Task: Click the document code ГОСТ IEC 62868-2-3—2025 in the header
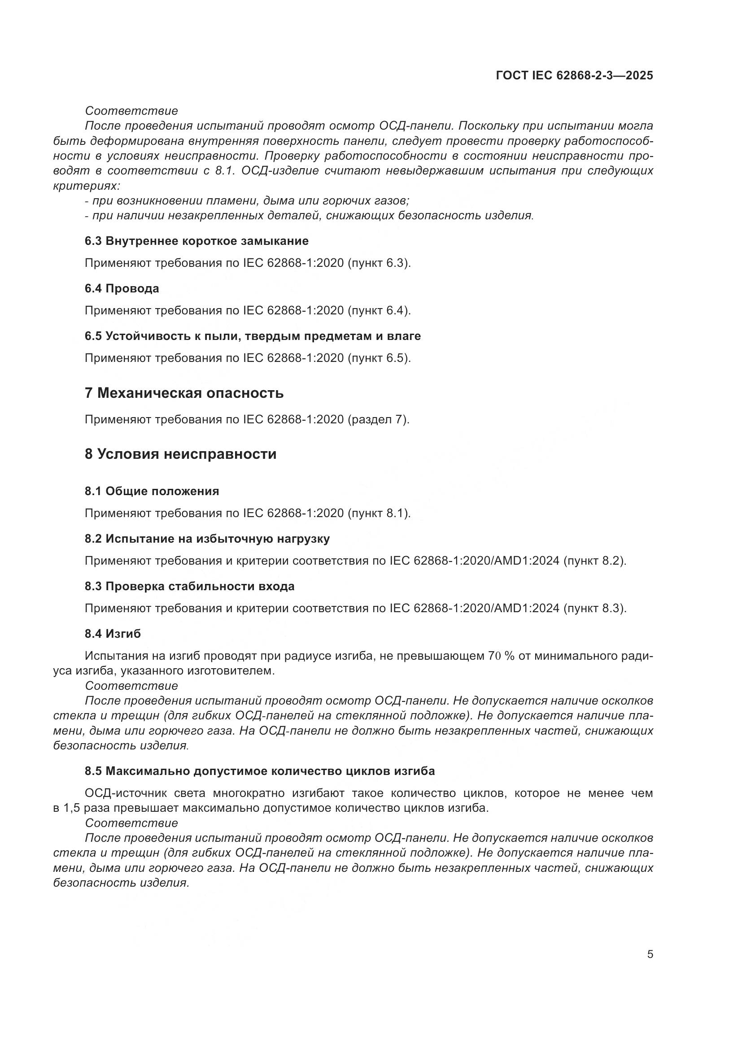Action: click(574, 75)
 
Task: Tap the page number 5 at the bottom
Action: click(650, 954)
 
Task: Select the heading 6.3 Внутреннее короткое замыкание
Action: click(196, 241)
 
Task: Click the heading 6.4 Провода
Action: click(122, 288)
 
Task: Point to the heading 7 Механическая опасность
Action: click(183, 393)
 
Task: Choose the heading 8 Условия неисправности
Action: click(180, 454)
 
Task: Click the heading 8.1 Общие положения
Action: click(152, 491)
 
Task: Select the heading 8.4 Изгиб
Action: click(113, 634)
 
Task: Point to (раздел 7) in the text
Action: click(378, 419)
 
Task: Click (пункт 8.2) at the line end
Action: click(595, 561)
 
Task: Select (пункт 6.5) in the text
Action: click(379, 358)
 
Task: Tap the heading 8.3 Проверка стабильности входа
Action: click(189, 586)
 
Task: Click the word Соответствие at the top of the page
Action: click(131, 111)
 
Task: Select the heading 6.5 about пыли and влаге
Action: click(252, 336)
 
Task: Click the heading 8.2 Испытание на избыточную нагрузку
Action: click(207, 539)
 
